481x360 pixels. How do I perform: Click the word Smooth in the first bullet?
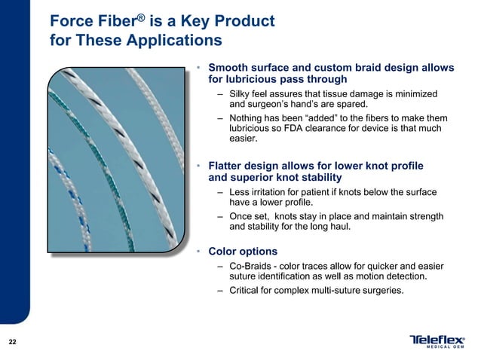231,67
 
